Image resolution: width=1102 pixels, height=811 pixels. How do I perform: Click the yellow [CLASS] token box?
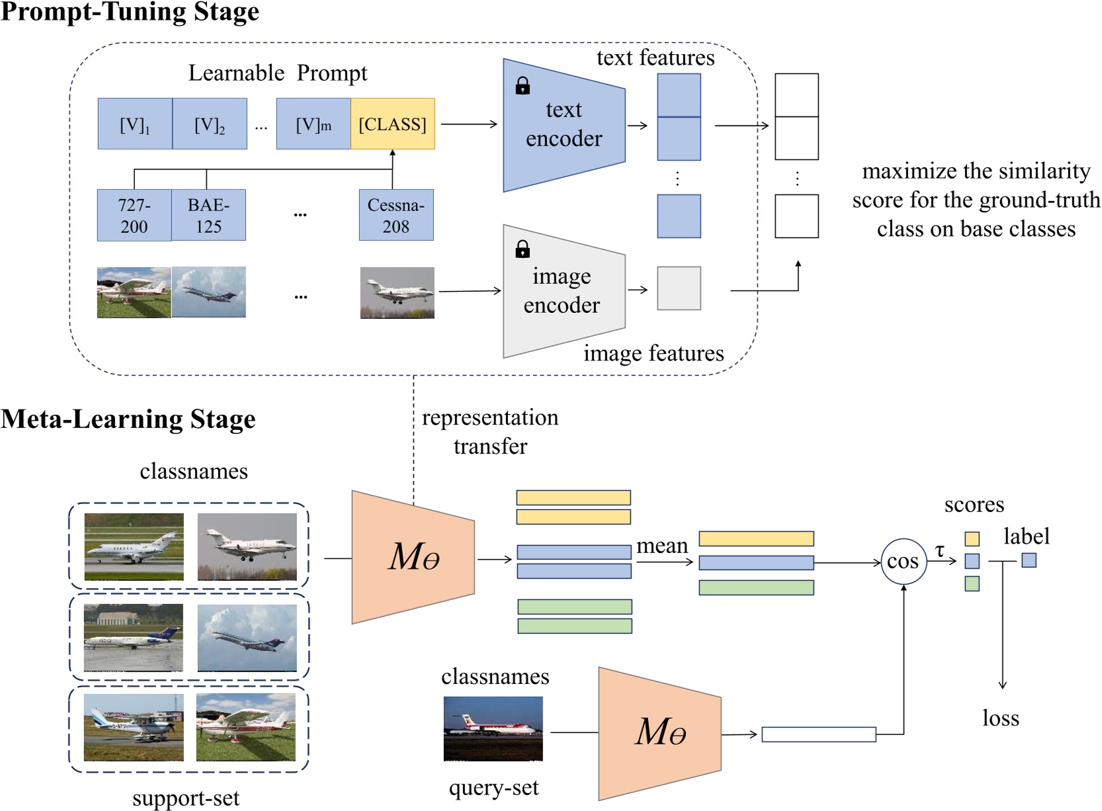(392, 124)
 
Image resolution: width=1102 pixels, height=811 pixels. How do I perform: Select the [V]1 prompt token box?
(135, 124)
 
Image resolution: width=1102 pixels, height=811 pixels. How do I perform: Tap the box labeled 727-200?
(134, 215)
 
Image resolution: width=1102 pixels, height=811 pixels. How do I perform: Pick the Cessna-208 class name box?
(396, 215)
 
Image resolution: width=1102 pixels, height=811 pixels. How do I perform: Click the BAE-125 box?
(208, 215)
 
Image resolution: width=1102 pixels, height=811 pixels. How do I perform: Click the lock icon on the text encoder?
(523, 86)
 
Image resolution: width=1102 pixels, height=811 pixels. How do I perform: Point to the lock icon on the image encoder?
(523, 249)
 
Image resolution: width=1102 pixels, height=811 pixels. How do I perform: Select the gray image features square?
(679, 288)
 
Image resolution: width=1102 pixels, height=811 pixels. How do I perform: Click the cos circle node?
(903, 562)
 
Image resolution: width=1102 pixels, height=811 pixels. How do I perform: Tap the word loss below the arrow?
(1000, 718)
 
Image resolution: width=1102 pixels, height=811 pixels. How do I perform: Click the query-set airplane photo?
(493, 728)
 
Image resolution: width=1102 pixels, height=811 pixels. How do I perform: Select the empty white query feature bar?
(818, 734)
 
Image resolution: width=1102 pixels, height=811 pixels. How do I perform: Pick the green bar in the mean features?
(756, 587)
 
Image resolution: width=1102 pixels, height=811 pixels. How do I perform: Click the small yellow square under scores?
(972, 538)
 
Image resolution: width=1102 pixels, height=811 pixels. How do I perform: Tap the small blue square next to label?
(1029, 560)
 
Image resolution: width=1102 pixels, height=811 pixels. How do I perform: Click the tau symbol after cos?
(939, 550)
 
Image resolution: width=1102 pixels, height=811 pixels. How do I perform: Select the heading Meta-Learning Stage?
(128, 419)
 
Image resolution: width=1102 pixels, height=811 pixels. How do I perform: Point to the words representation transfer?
(490, 431)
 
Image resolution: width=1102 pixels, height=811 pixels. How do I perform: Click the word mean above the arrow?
(662, 546)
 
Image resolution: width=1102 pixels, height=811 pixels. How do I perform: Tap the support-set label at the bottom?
(186, 798)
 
